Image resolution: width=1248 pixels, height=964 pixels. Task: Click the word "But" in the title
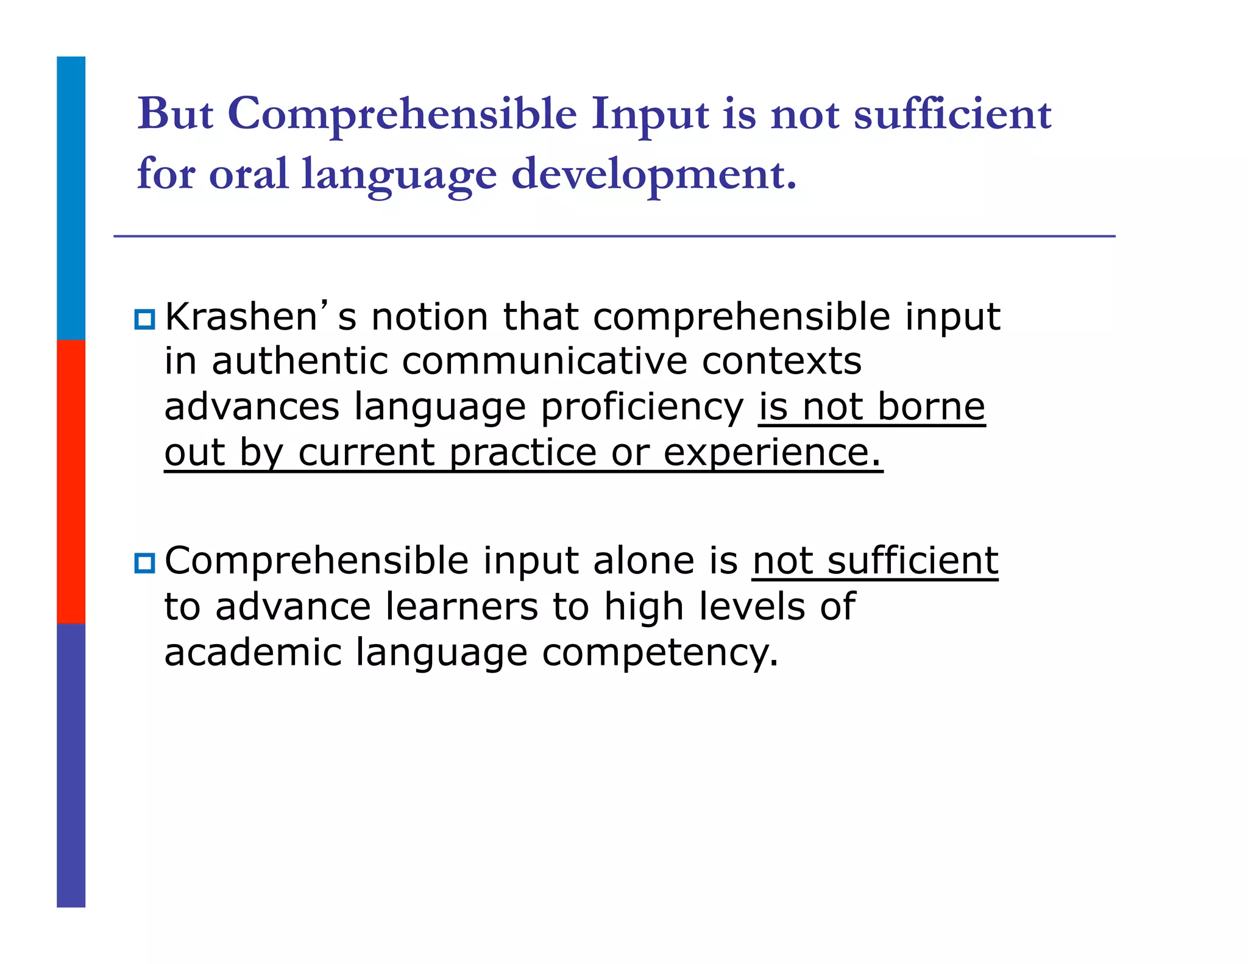pyautogui.click(x=175, y=114)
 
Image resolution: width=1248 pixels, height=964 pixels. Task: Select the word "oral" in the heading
pyautogui.click(x=248, y=174)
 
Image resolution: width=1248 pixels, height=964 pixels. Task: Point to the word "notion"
pyautogui.click(x=430, y=317)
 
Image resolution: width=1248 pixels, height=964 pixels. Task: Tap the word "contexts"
pyautogui.click(x=781, y=361)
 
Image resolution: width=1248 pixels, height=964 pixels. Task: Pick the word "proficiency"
pyautogui.click(x=642, y=407)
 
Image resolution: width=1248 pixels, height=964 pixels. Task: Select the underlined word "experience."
pyautogui.click(x=772, y=453)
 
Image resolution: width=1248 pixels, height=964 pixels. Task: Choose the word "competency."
pyautogui.click(x=660, y=653)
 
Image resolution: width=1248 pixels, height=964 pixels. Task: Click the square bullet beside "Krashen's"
pyautogui.click(x=144, y=319)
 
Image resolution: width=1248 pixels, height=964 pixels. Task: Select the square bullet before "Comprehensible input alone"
pyautogui.click(x=144, y=562)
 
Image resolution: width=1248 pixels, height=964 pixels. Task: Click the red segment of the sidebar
pyautogui.click(x=71, y=481)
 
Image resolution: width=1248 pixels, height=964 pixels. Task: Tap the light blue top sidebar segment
pyautogui.click(x=71, y=198)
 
